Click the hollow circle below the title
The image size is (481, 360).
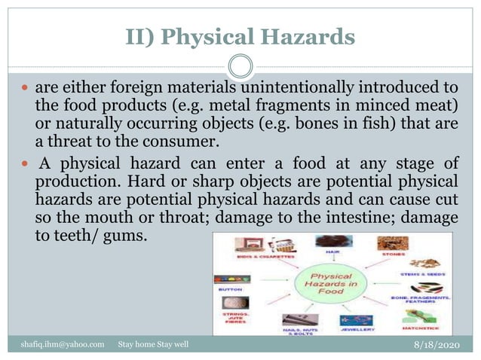point(240,66)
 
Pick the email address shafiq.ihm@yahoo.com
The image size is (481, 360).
point(63,344)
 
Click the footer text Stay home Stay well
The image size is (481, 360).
point(153,344)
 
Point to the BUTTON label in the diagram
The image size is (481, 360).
point(229,288)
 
